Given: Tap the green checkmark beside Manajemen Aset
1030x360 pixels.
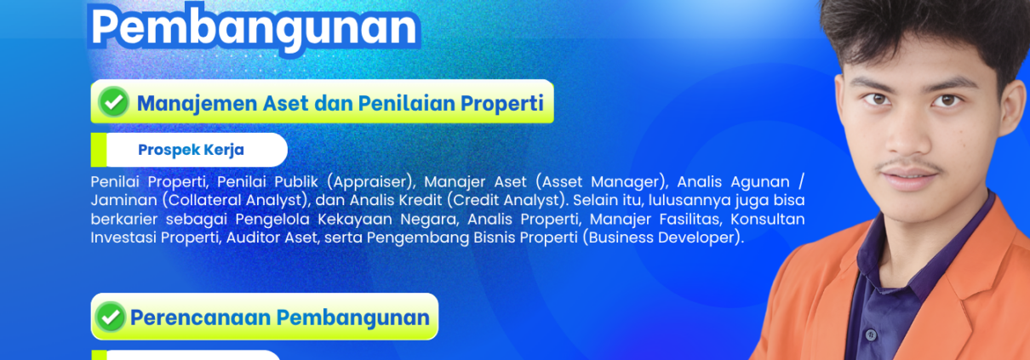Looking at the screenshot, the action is pyautogui.click(x=113, y=101).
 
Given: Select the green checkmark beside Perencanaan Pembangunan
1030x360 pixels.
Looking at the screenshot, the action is pyautogui.click(x=110, y=317).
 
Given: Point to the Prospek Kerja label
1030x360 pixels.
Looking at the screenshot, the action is pyautogui.click(x=191, y=150).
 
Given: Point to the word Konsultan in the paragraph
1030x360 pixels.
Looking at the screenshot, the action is pyautogui.click(x=768, y=220).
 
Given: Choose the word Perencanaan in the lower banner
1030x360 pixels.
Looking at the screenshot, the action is pyautogui.click(x=200, y=317).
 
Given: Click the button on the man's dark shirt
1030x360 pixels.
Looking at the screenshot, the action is pyautogui.click(x=870, y=334).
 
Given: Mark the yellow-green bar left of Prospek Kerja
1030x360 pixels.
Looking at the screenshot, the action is pyautogui.click(x=99, y=150).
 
